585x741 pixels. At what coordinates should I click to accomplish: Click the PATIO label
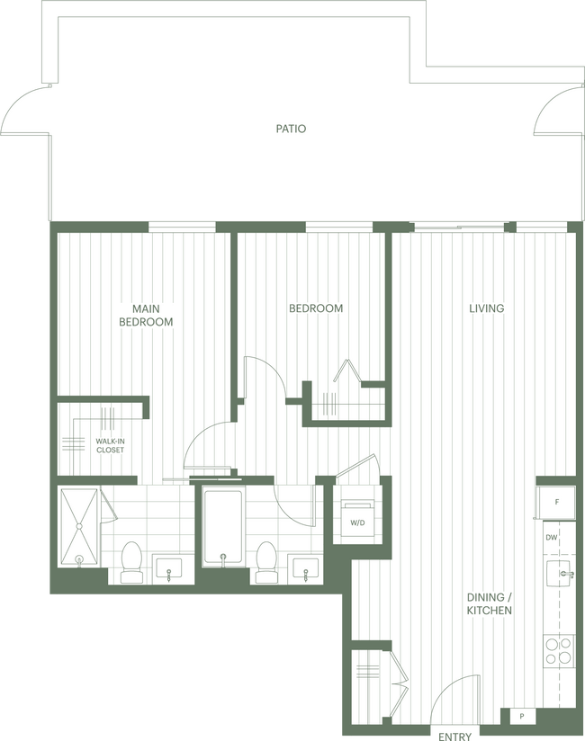[291, 129]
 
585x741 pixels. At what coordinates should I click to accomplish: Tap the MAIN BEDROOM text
[147, 315]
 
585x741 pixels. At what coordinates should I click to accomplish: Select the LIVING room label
[486, 308]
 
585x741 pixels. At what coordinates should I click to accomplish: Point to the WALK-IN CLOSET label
[110, 445]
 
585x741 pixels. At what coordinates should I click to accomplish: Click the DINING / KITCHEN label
[489, 603]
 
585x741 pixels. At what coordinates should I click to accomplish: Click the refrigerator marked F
[556, 501]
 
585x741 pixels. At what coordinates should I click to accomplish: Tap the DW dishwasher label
[552, 538]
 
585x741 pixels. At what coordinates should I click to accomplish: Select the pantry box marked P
[523, 716]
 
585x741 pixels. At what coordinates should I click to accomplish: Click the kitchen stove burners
[558, 649]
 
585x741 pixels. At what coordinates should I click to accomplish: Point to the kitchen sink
[562, 573]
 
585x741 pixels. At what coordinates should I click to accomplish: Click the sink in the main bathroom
[169, 568]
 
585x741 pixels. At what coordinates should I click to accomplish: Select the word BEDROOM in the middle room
[315, 308]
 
